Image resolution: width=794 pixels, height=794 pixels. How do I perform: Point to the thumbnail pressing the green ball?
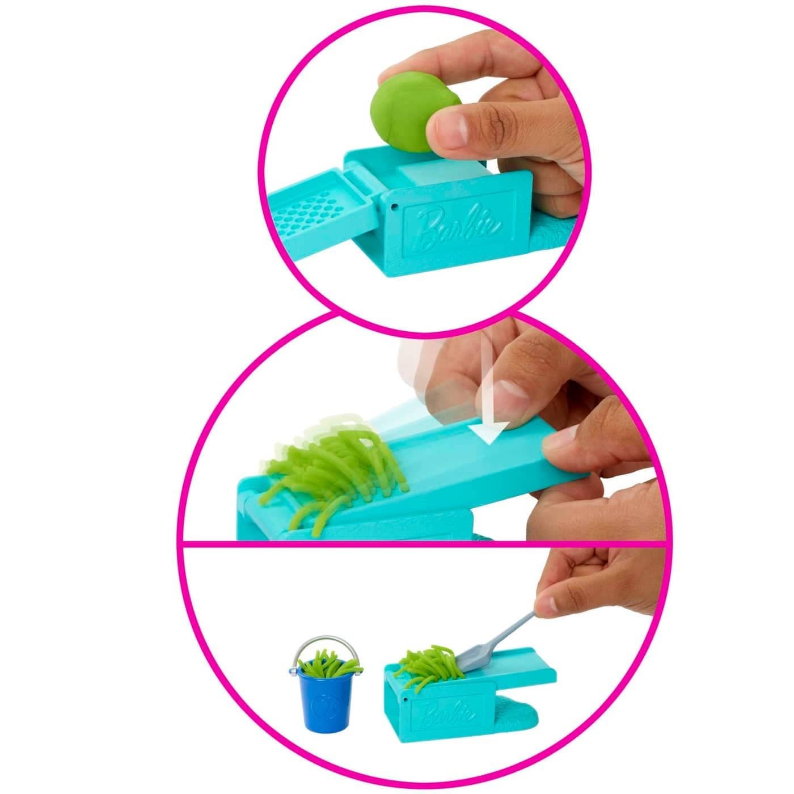pyautogui.click(x=451, y=132)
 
